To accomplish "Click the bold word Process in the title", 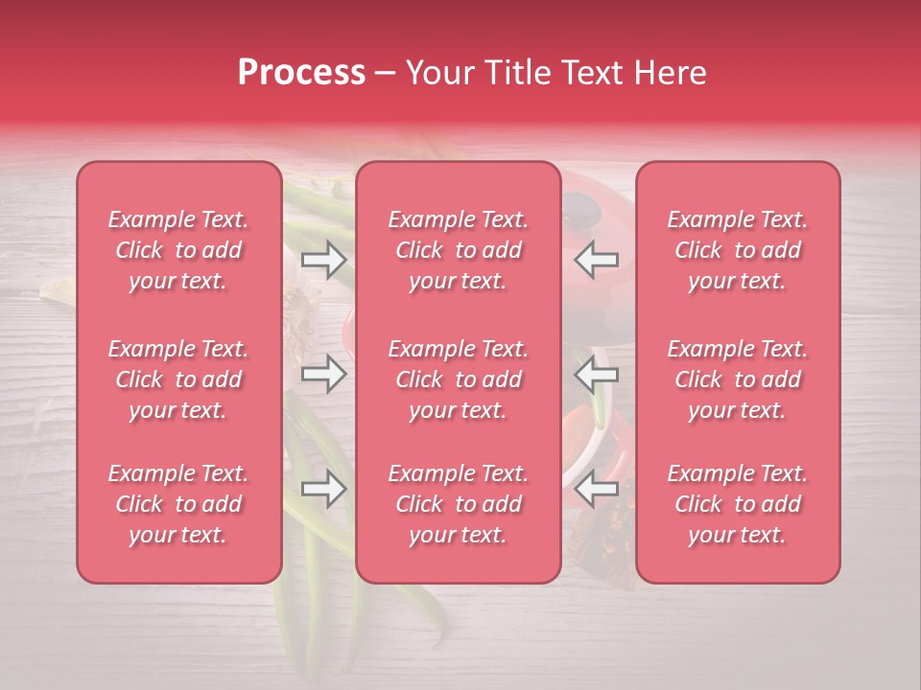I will tap(301, 73).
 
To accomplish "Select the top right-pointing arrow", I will tap(323, 260).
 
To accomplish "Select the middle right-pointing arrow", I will tap(323, 374).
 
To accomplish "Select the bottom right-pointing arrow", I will tap(323, 490).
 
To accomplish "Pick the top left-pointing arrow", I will tap(597, 260).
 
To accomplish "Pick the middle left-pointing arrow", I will tap(597, 374).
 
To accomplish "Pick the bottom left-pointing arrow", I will tap(597, 490).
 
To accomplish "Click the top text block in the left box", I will tap(178, 250).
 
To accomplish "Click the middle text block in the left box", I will tap(178, 379).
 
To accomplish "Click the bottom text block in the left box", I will tap(178, 504).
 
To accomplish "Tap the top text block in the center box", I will tap(459, 250).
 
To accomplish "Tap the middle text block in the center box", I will tap(459, 379).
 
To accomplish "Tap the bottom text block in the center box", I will tap(459, 504).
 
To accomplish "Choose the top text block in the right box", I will tap(738, 250).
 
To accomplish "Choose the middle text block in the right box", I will tap(738, 379).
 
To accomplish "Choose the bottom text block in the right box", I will tap(738, 504).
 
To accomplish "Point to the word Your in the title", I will tap(439, 73).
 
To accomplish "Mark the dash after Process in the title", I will tap(386, 74).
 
